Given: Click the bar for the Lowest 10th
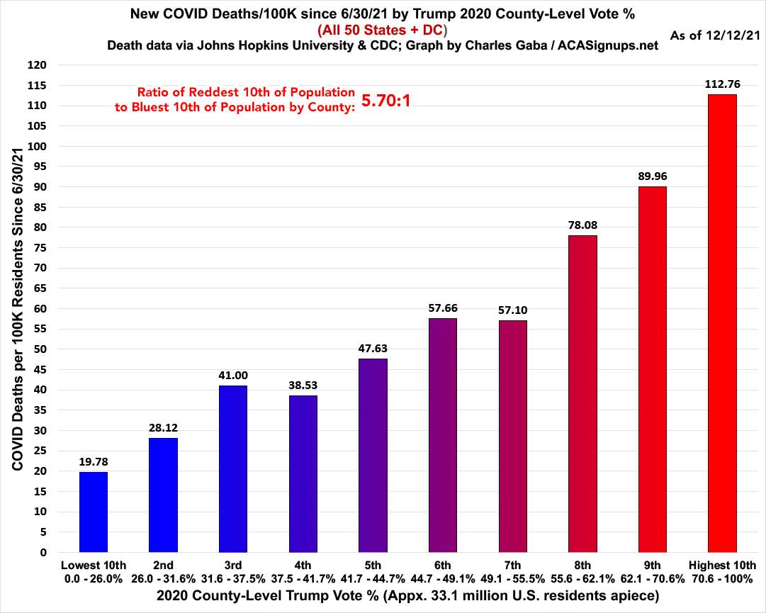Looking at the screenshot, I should (94, 512).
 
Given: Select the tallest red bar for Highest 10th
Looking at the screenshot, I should (722, 323).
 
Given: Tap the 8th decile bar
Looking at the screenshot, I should (582, 393).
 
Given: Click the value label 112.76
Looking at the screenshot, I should (722, 84).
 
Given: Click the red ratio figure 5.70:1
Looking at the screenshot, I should (386, 101).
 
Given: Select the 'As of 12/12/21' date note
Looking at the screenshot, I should (714, 33).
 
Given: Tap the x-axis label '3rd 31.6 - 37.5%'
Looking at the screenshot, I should (233, 571).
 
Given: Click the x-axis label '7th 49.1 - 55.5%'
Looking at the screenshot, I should (512, 571).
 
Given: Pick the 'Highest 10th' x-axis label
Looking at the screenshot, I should (722, 566).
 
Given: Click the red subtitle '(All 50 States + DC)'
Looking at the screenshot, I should (382, 30).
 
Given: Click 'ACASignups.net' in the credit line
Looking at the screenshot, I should (607, 45).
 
